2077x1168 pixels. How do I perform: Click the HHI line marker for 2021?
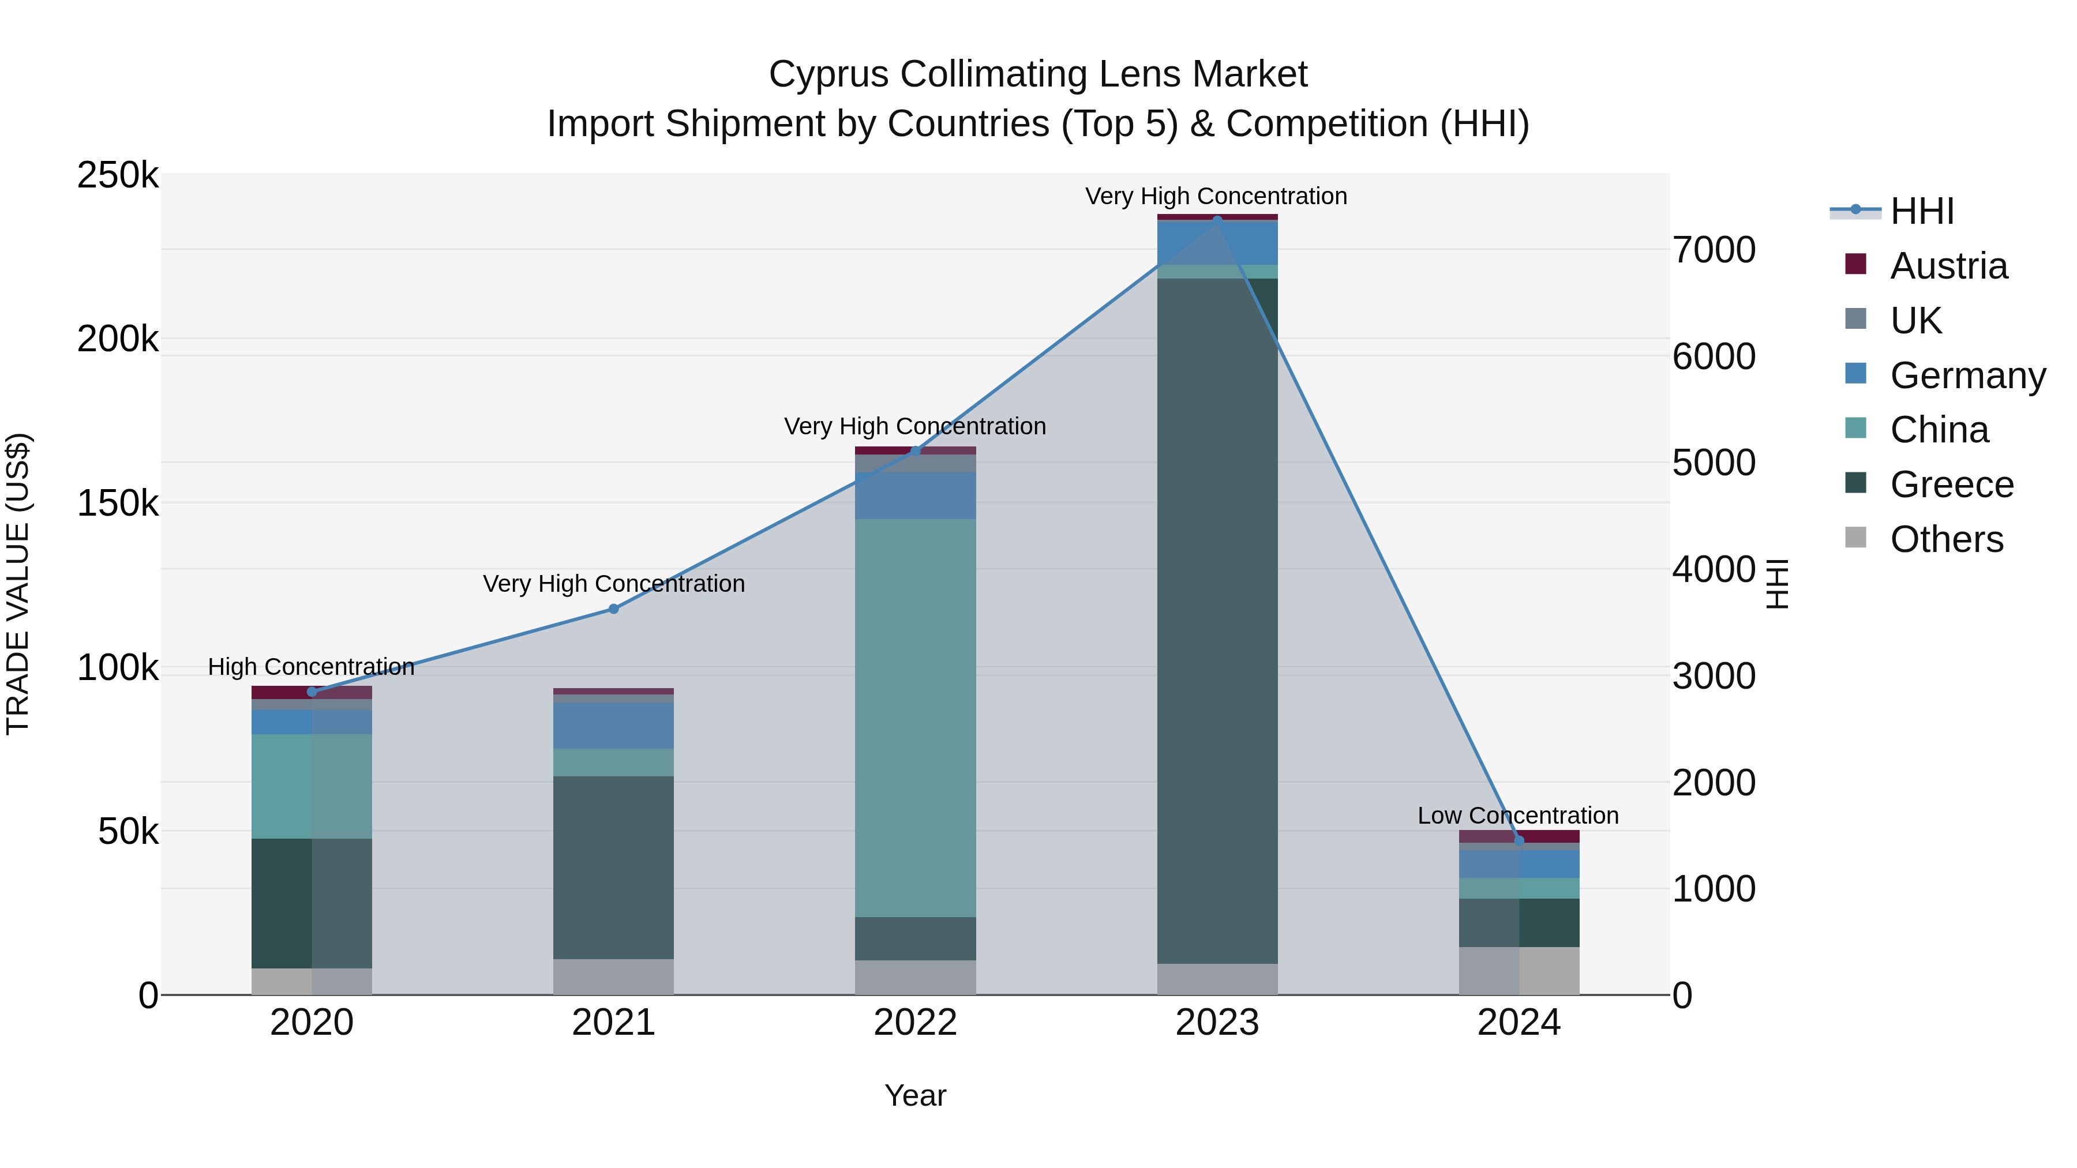point(614,610)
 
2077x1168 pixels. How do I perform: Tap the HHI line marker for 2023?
point(1217,219)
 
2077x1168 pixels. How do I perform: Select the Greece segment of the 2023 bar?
point(1217,621)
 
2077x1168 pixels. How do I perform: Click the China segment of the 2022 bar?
point(915,718)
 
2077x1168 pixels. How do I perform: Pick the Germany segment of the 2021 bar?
point(614,726)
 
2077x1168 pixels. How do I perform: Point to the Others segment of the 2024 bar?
point(1519,971)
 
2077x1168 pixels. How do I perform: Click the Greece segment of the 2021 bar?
point(614,867)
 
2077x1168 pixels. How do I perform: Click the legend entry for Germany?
point(1967,375)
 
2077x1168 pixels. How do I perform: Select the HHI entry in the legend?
point(1922,211)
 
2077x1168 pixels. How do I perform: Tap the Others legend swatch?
point(1855,538)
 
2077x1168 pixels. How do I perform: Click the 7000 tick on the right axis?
point(1714,250)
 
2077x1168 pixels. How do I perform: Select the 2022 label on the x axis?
point(915,1023)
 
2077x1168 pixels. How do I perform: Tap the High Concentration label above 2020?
point(311,667)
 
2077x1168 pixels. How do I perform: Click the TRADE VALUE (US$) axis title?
point(18,584)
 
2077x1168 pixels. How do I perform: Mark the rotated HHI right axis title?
point(1776,584)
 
